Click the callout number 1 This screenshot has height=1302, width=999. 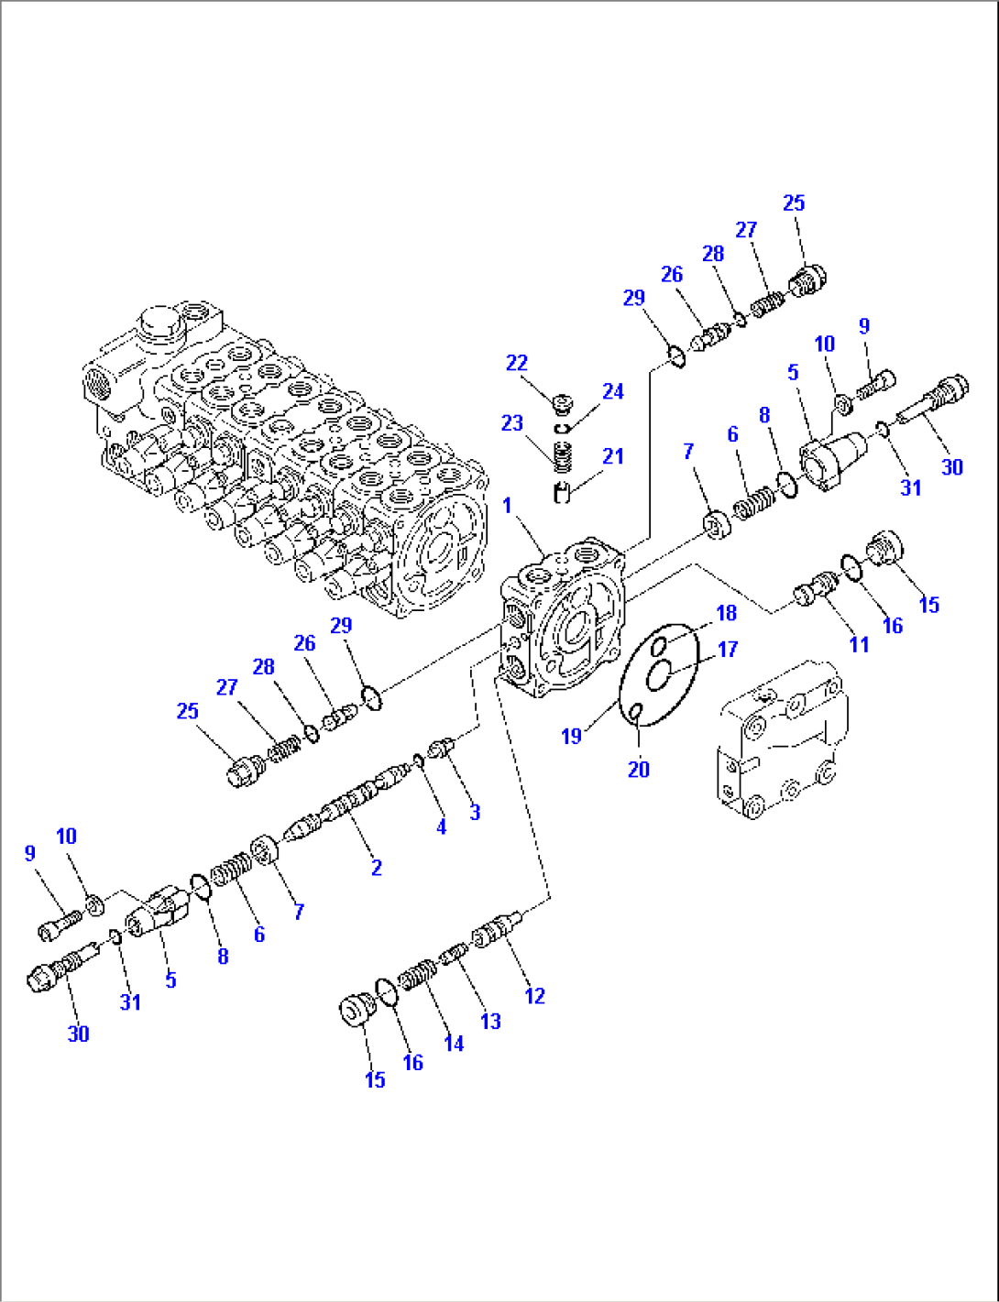pyautogui.click(x=507, y=506)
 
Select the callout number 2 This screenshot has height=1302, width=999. pyautogui.click(x=376, y=867)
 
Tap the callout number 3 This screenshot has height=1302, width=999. pyautogui.click(x=475, y=812)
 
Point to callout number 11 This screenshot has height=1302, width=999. pyautogui.click(x=858, y=644)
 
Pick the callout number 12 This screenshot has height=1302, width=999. pyautogui.click(x=534, y=996)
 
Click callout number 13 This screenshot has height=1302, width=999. pyautogui.click(x=490, y=1021)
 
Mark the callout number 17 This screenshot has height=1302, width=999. pyautogui.click(x=728, y=650)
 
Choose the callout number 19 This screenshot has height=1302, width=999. pyautogui.click(x=571, y=736)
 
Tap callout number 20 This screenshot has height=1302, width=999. pyautogui.click(x=639, y=770)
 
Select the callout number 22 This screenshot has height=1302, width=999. pyautogui.click(x=517, y=363)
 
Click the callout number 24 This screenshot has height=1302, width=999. pyautogui.click(x=612, y=391)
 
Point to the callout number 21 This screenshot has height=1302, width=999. pyautogui.click(x=612, y=456)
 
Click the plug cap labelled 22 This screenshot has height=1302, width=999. pyautogui.click(x=563, y=402)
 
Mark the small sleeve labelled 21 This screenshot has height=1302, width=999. pyautogui.click(x=563, y=492)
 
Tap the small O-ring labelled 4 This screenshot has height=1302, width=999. pyautogui.click(x=417, y=760)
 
